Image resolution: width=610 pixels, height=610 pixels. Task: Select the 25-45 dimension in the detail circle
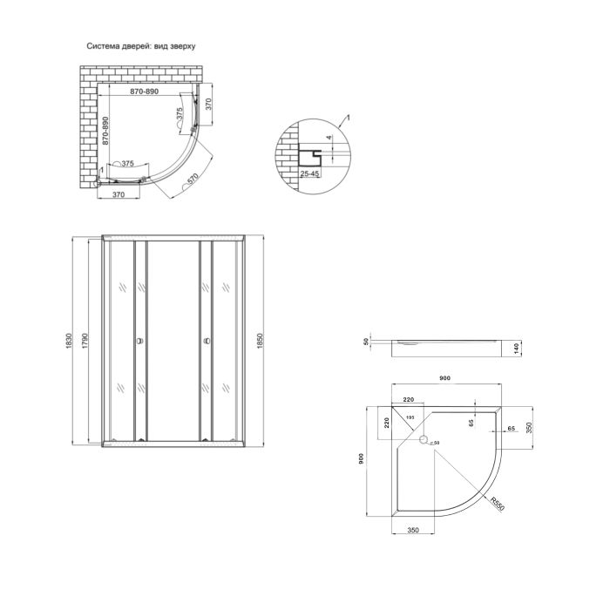click(x=308, y=174)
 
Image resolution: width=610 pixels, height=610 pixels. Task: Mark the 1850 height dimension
click(x=259, y=340)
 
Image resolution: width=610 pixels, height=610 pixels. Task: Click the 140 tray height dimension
click(x=515, y=347)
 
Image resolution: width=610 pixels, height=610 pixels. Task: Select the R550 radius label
click(x=496, y=505)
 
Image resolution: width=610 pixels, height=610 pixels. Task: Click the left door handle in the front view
click(x=138, y=341)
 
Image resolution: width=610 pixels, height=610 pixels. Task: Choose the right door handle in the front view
click(x=206, y=341)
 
